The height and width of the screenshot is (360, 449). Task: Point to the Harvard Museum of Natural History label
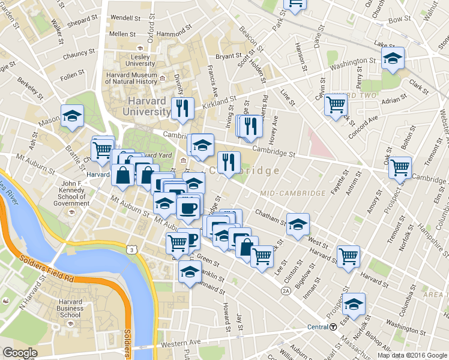(131, 78)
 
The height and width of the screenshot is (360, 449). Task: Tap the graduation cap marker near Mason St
(72, 115)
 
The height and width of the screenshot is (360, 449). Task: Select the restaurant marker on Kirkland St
(182, 108)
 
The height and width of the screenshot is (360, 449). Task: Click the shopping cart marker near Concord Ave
(336, 105)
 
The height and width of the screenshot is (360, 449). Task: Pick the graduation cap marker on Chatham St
(298, 224)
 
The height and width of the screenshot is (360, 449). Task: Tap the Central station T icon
(333, 327)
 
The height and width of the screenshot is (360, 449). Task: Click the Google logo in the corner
(20, 352)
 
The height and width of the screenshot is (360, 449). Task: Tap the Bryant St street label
(228, 56)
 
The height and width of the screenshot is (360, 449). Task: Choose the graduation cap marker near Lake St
(393, 58)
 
